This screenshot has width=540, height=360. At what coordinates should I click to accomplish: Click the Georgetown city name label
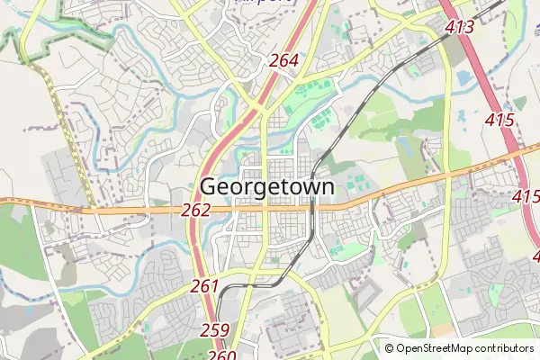point(267,187)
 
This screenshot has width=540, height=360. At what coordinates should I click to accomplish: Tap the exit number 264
point(283,61)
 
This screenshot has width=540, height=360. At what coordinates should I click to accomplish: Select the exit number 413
point(459,27)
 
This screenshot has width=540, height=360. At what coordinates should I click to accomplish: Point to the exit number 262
point(195,210)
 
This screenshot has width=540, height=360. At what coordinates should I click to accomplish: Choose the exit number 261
point(205,286)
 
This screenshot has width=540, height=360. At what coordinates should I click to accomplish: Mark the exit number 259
point(215,329)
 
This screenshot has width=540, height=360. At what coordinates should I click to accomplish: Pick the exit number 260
point(221,355)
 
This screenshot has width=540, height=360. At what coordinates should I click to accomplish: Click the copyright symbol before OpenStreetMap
point(389,348)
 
